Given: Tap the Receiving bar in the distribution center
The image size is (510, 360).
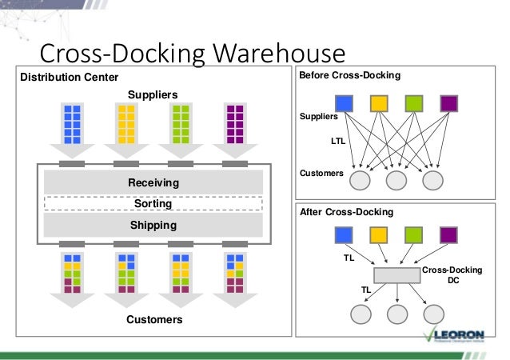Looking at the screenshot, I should click(x=153, y=182).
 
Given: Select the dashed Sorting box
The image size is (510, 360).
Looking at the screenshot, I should click(x=153, y=204).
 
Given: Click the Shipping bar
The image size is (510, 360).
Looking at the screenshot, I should click(x=153, y=226).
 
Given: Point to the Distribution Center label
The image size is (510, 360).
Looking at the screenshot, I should click(x=69, y=77).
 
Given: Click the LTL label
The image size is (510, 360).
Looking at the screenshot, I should click(x=339, y=141).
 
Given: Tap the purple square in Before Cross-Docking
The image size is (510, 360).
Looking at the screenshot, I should click(x=448, y=103).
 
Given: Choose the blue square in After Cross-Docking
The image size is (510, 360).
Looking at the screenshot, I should click(x=344, y=235).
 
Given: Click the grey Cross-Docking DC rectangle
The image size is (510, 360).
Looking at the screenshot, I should click(x=396, y=274).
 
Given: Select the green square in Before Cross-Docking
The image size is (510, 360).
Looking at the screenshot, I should click(x=413, y=103).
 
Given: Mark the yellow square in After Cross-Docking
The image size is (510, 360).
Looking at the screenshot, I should click(x=379, y=235).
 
